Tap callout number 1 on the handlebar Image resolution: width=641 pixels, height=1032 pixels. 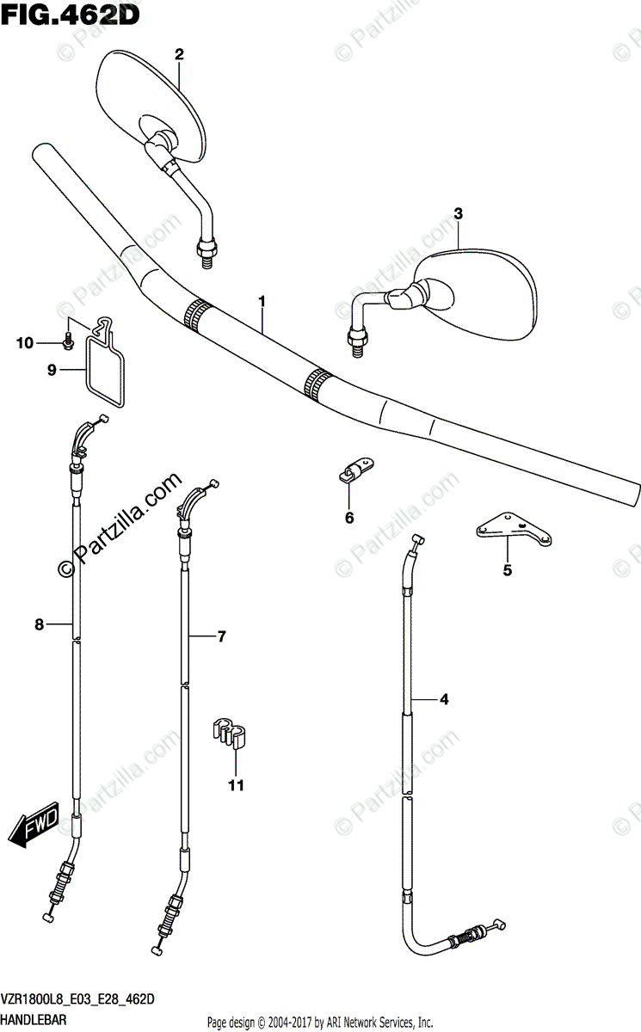pos(262,302)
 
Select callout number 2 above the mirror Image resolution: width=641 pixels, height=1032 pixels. pos(180,54)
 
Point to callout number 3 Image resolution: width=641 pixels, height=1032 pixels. pos(459,213)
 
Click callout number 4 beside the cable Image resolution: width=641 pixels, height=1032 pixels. pos(444,700)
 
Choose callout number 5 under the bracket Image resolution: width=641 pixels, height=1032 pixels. pos(507,570)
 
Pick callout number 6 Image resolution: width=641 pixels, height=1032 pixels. pos(349,518)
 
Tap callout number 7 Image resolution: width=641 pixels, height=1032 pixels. pos(221,637)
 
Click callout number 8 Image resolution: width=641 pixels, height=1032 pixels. pos(39,625)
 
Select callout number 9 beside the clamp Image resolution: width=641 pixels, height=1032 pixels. pos(52,371)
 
